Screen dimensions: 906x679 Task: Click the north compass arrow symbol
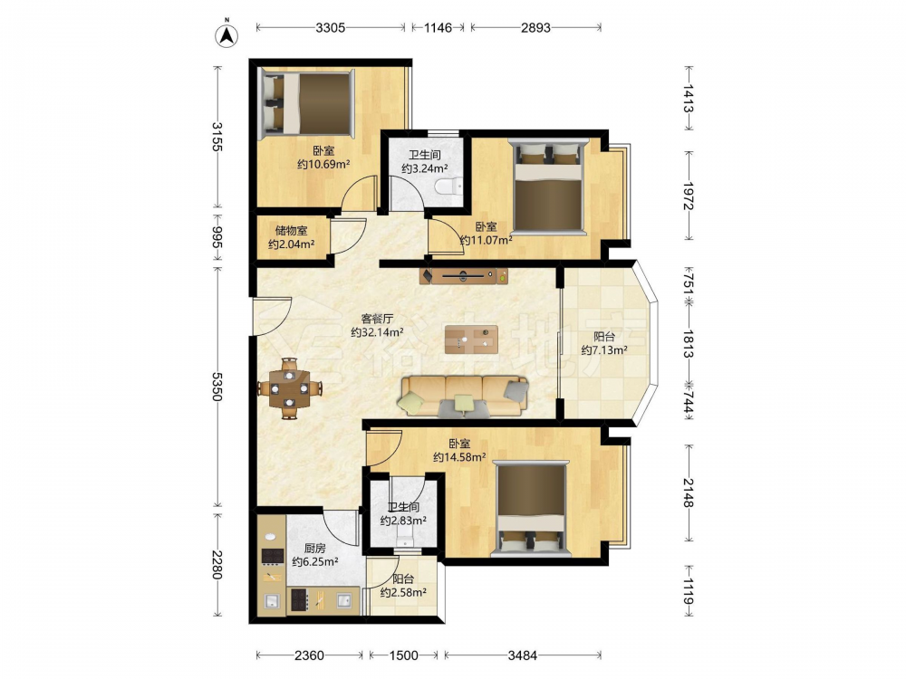pos(227,35)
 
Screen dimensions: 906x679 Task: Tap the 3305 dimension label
pos(330,27)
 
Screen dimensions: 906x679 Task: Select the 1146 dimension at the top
pos(438,27)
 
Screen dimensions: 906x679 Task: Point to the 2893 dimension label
pos(535,27)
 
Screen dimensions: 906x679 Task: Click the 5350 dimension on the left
pos(217,387)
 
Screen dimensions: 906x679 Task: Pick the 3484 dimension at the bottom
pos(523,655)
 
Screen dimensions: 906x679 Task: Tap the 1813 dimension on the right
pos(689,344)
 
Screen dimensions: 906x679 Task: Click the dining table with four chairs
pos(289,388)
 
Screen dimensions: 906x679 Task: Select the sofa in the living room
pos(463,397)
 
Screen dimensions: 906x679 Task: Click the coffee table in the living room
pos(471,339)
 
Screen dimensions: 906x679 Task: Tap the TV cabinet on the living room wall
pos(465,276)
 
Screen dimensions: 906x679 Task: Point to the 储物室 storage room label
pos(291,231)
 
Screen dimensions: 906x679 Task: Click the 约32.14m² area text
pos(377,332)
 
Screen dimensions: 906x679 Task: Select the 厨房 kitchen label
pos(315,549)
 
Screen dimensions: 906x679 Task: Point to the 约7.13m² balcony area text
pos(604,350)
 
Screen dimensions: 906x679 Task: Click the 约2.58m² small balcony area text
pos(403,592)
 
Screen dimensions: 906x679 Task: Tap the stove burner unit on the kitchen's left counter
pos(272,556)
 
